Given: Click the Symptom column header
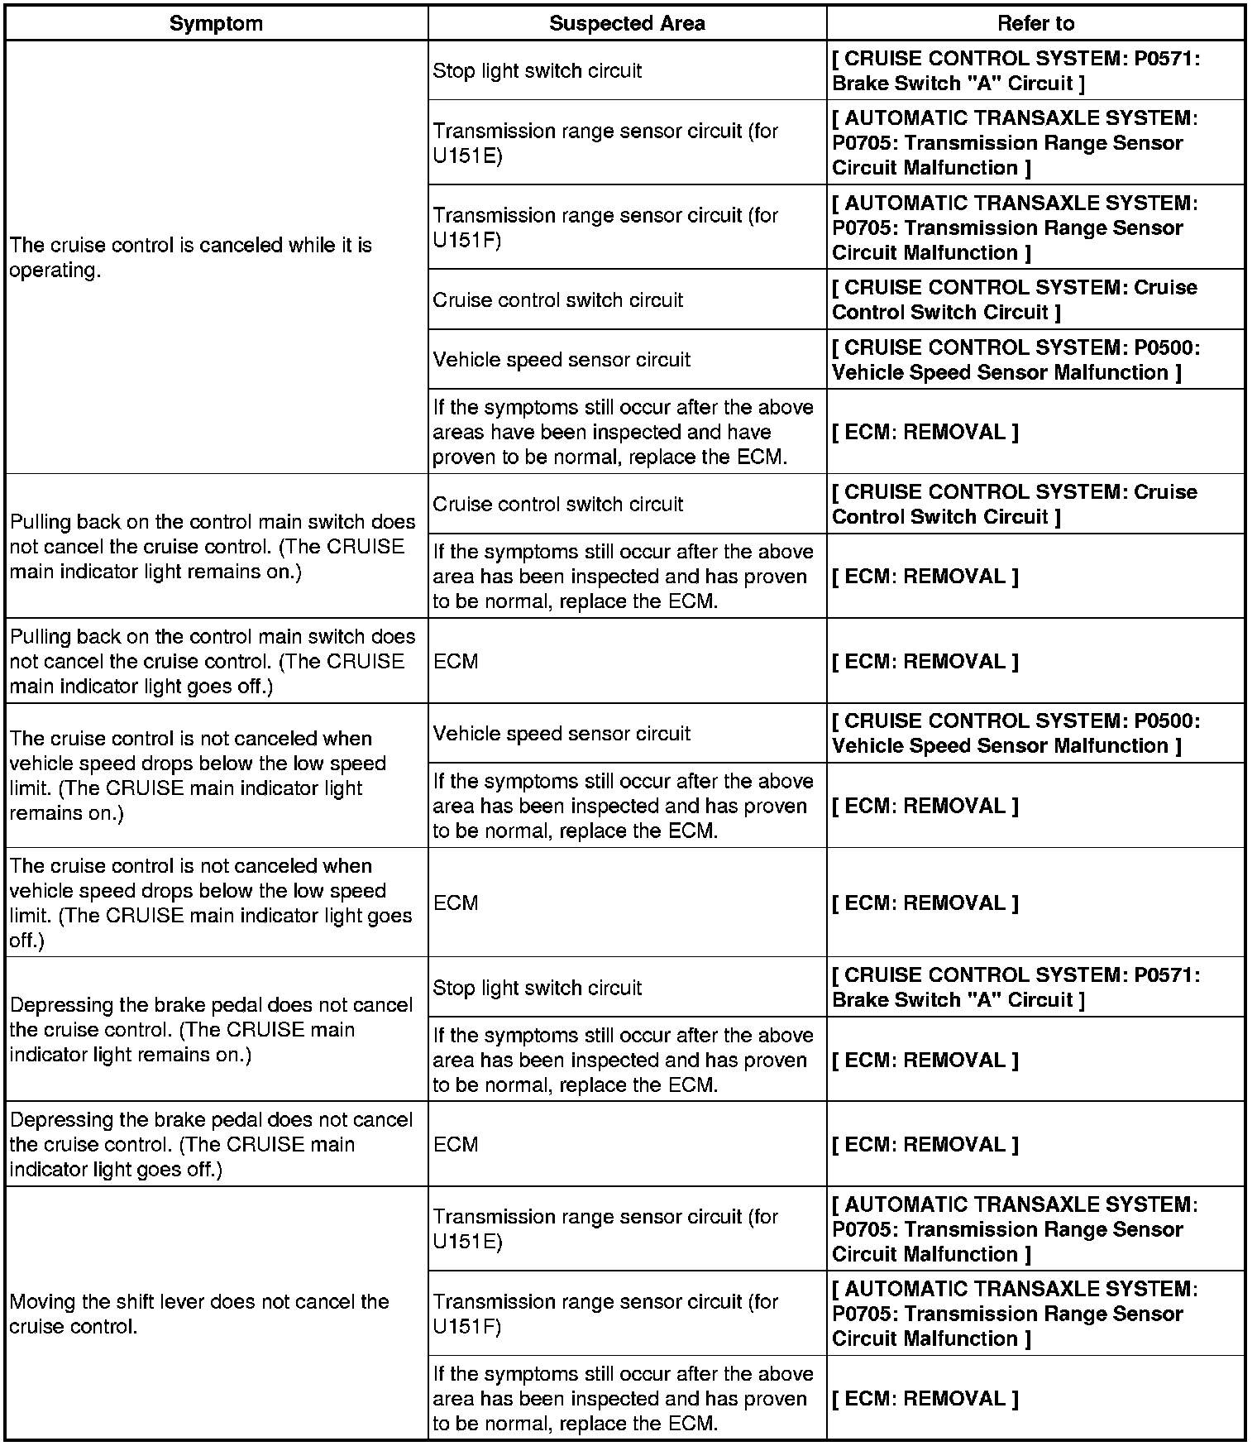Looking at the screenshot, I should [216, 23].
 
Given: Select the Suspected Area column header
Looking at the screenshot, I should [627, 23].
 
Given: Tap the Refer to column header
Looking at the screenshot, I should [1035, 23].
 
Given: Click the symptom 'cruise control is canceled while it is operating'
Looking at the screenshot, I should [191, 257].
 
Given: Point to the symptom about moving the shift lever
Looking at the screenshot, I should [199, 1314].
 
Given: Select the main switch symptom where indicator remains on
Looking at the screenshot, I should [213, 547].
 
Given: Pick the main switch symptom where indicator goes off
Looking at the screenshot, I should [213, 661].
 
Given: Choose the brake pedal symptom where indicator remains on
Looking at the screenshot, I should [211, 1030].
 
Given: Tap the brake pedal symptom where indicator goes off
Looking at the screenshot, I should [211, 1144].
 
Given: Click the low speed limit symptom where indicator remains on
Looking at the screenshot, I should [198, 775].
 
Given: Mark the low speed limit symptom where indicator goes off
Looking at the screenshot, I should [211, 903].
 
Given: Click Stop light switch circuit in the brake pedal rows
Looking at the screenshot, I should [538, 988].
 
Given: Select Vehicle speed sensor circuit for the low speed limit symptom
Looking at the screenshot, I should [562, 734].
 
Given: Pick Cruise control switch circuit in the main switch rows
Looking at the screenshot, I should [558, 504].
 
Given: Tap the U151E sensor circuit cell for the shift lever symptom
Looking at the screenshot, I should [605, 1229].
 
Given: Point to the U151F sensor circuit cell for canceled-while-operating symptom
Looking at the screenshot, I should [605, 227].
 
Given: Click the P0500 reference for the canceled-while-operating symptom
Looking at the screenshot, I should [1016, 360].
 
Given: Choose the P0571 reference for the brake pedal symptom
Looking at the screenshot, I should [1016, 987].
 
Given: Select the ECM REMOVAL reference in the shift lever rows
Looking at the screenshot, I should [925, 1398].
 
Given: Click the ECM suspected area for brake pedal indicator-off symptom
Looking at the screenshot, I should [456, 1144].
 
